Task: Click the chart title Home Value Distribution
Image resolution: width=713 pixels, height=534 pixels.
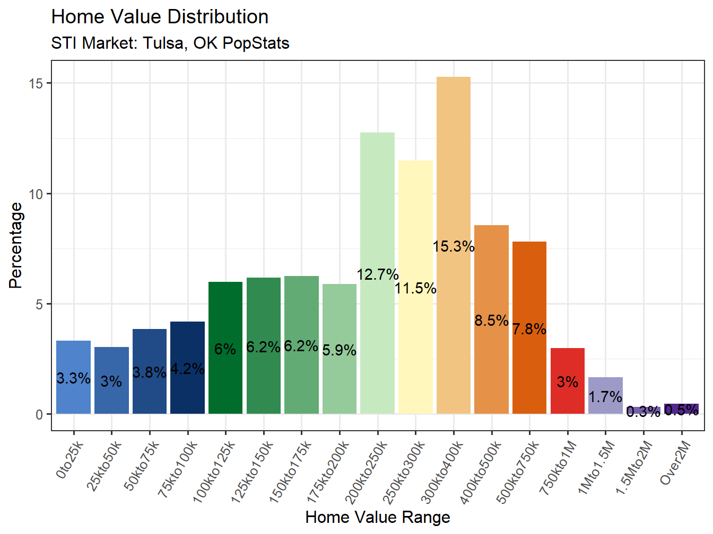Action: pos(160,17)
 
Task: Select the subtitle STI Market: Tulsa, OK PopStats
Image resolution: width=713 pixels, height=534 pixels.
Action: pos(170,43)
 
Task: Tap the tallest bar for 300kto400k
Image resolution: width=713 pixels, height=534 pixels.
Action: pos(454,159)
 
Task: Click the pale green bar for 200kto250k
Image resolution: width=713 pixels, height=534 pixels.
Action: pos(377,212)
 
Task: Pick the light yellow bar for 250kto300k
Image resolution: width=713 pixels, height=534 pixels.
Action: pos(415,222)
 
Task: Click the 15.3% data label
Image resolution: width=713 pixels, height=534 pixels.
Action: pos(454,246)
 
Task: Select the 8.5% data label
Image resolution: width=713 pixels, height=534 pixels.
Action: pos(491,321)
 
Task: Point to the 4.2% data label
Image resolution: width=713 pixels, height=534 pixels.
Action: pos(187,369)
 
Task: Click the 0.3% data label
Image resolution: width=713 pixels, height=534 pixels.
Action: pos(643,412)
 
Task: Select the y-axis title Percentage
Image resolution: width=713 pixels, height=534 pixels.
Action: pos(16,245)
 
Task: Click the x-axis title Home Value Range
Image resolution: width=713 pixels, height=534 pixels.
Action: pos(378,517)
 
